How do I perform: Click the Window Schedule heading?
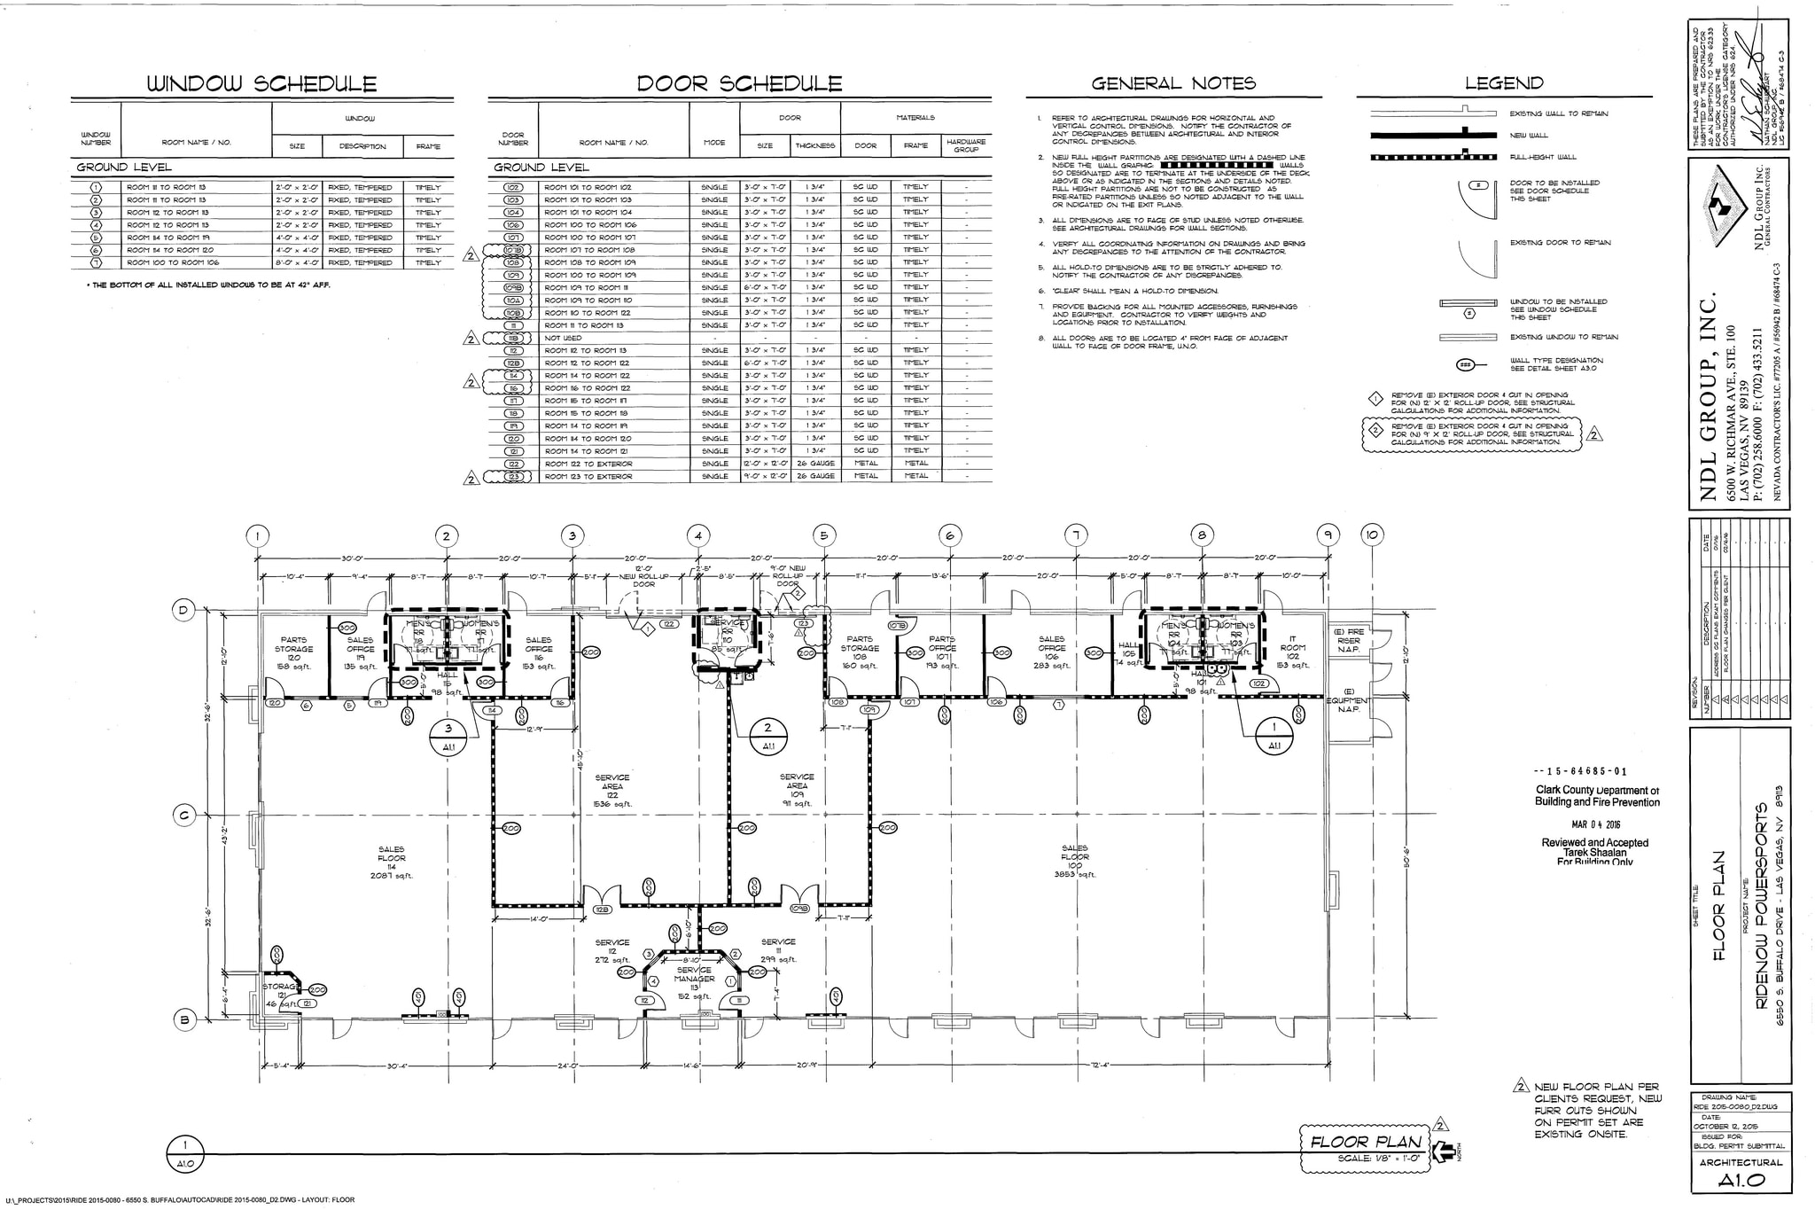pyautogui.click(x=261, y=84)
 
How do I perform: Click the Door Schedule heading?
pyautogui.click(x=739, y=84)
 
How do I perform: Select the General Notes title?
pyautogui.click(x=1173, y=84)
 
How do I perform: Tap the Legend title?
pyautogui.click(x=1503, y=84)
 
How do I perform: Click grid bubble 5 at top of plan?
pyautogui.click(x=823, y=535)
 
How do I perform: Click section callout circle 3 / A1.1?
pyautogui.click(x=448, y=738)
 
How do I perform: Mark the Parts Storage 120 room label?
pyautogui.click(x=293, y=652)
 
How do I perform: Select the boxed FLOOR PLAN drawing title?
pyautogui.click(x=1365, y=1142)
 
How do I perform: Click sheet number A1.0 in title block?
pyautogui.click(x=1741, y=1181)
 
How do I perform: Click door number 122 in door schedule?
pyautogui.click(x=513, y=464)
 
